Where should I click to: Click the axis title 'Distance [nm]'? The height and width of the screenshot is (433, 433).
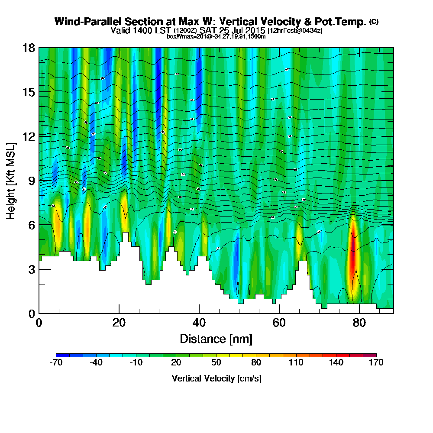(216, 339)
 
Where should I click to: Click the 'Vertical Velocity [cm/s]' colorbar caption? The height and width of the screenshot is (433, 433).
(216, 378)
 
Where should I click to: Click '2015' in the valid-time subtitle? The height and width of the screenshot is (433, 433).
(255, 31)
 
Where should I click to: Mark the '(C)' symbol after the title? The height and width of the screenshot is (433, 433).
(374, 21)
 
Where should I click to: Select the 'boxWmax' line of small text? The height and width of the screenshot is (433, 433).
(216, 36)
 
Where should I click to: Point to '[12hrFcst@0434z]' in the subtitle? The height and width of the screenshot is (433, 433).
(295, 31)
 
